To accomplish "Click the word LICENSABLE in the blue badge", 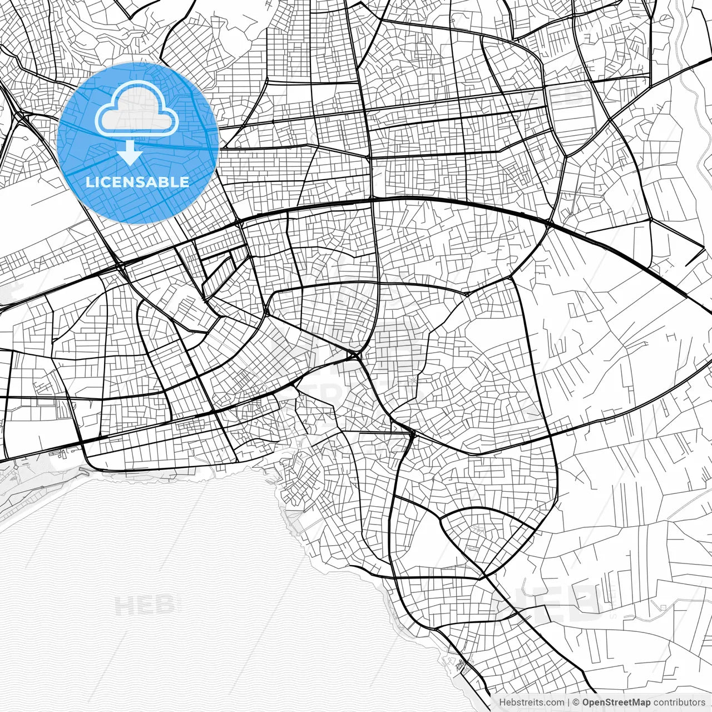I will [x=137, y=182].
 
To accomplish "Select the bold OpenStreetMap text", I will [x=616, y=703].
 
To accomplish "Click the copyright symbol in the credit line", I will [x=577, y=703].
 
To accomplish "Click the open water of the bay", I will [x=167, y=584].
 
